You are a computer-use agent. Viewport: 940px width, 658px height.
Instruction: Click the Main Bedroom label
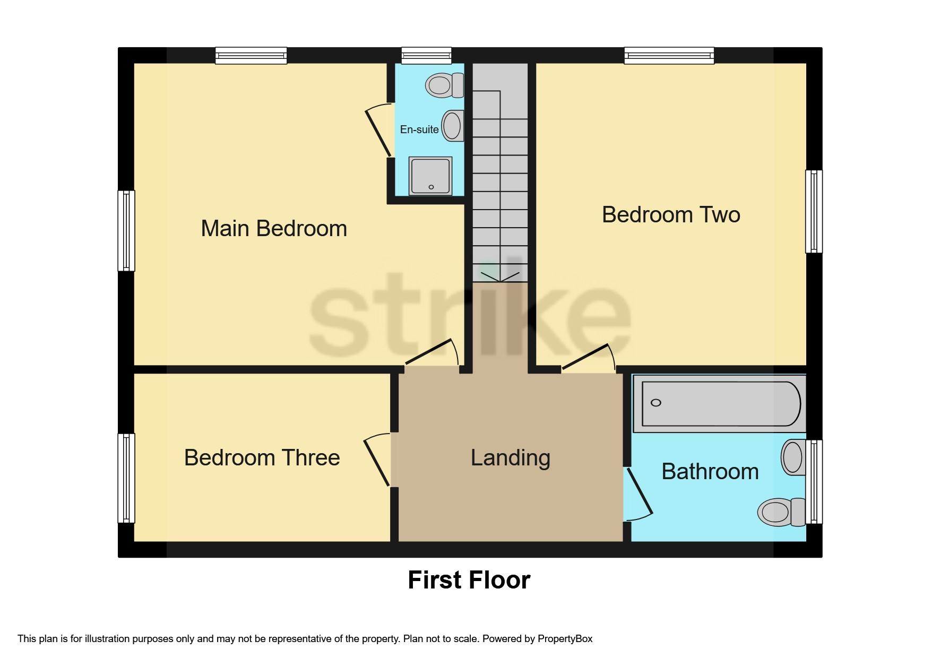click(x=274, y=229)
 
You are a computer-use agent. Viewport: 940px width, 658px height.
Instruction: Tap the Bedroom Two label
click(x=671, y=215)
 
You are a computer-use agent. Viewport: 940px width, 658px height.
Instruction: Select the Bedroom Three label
click(x=262, y=457)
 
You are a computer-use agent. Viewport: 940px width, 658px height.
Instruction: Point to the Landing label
click(x=510, y=457)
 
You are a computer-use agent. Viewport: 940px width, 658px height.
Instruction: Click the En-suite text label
click(x=419, y=129)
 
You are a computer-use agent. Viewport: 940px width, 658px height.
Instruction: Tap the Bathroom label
click(x=710, y=471)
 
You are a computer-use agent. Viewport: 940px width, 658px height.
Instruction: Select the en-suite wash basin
click(x=453, y=126)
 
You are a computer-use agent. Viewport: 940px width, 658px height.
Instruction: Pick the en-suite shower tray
click(x=430, y=176)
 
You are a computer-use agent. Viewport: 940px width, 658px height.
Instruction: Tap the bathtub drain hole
click(x=656, y=403)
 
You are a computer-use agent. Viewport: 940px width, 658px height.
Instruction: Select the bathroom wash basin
click(x=793, y=457)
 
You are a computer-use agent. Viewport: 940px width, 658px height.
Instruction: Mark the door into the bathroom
click(x=639, y=492)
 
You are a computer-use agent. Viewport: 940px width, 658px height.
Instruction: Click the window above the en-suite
click(x=426, y=55)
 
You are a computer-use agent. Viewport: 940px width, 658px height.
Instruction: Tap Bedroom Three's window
click(x=126, y=478)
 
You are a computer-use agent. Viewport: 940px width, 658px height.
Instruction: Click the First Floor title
click(x=469, y=579)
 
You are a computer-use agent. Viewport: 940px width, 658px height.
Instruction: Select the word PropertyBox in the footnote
click(x=565, y=638)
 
